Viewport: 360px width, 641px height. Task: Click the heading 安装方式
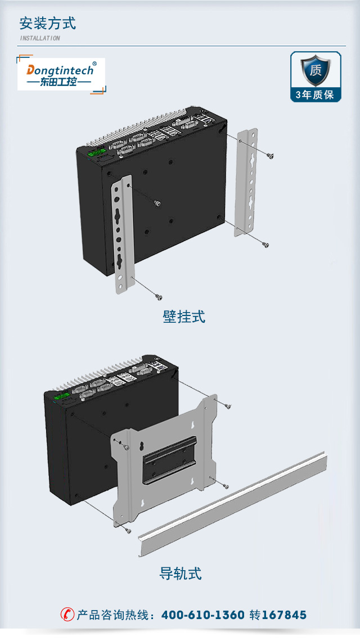click(48, 24)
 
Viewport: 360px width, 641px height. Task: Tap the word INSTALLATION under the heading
click(40, 38)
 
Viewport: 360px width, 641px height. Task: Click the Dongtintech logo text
click(61, 70)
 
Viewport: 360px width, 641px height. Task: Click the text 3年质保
click(316, 94)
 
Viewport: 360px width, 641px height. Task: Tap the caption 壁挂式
click(184, 317)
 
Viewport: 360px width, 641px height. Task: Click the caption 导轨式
click(180, 574)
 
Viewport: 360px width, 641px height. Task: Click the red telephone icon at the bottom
click(67, 615)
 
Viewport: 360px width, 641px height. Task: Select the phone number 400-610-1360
click(202, 615)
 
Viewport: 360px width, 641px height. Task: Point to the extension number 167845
click(284, 615)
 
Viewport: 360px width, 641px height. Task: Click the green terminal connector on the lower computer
click(60, 398)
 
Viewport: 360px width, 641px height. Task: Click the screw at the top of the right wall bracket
click(271, 156)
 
